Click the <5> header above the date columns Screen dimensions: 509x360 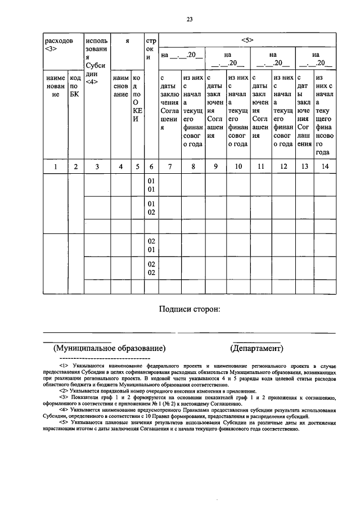[248, 40]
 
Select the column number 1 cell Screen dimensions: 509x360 [55, 166]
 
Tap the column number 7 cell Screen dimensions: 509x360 [170, 166]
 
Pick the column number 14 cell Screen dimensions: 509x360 [325, 166]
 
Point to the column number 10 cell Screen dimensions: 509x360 [238, 166]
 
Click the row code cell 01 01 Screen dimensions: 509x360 [151, 186]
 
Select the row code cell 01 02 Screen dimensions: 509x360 [151, 208]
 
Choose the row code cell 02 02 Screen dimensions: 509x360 [151, 268]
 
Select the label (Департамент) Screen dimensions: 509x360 [257, 348]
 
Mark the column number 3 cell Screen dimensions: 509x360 [97, 166]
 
